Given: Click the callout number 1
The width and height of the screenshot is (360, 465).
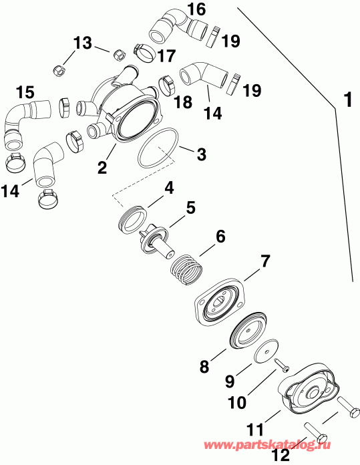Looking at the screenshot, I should tap(347, 101).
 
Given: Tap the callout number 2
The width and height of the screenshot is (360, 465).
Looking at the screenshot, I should tap(102, 166).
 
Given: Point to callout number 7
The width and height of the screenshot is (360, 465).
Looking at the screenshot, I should tap(169, 188).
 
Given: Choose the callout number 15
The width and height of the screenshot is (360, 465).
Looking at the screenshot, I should tap(25, 91).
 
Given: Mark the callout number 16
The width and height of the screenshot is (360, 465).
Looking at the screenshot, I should tap(196, 9).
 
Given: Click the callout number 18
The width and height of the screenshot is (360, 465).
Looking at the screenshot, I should tap(182, 102).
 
